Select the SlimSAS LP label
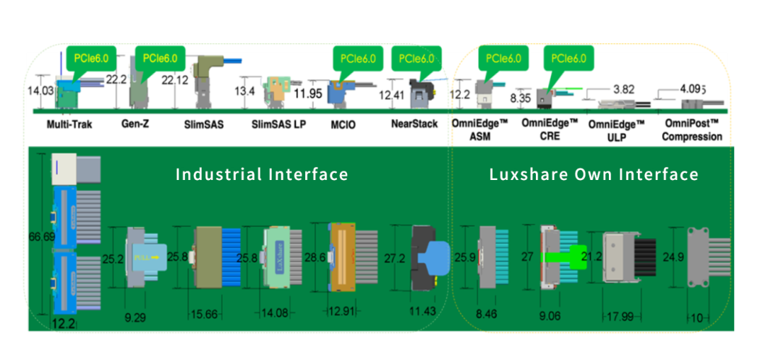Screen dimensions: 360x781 [278, 124]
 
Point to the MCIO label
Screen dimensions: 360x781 [343, 124]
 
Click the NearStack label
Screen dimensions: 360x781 [414, 124]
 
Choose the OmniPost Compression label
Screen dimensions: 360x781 [693, 129]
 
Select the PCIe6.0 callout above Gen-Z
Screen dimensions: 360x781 [161, 57]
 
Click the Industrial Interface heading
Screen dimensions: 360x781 [262, 174]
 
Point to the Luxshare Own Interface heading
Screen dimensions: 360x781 [594, 174]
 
